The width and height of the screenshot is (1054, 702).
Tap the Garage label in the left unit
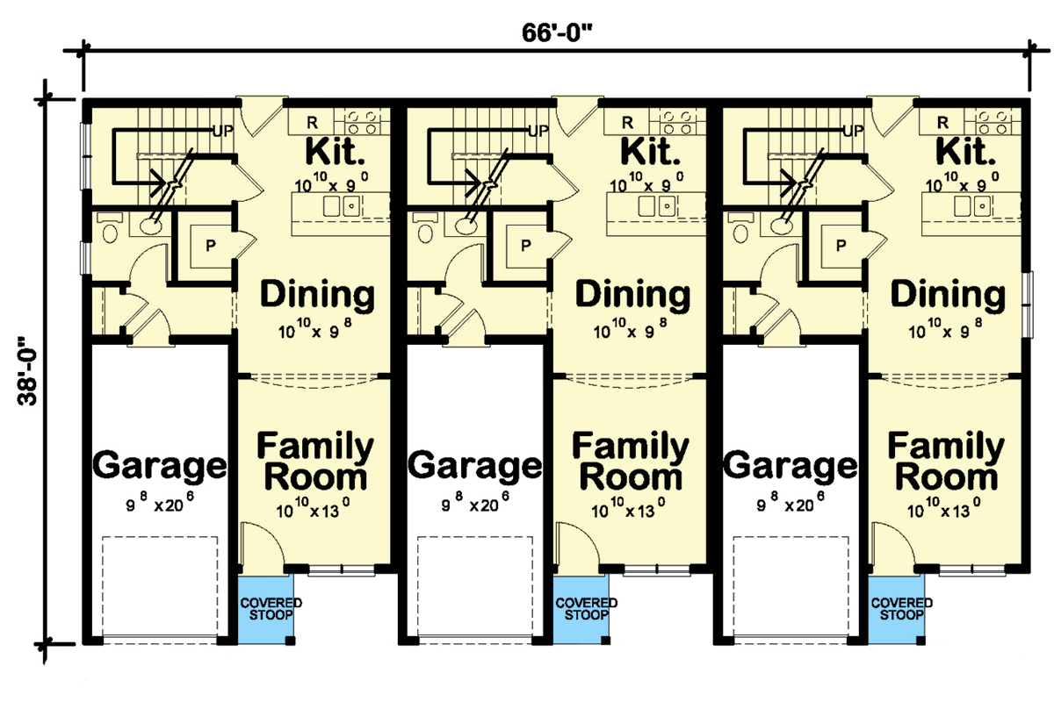point(160,465)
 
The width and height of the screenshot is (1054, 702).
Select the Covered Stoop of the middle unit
point(585,609)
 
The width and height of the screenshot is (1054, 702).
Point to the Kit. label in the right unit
point(968,152)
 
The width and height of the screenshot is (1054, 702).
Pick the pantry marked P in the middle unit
point(524,246)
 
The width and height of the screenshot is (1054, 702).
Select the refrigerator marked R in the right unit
point(942,122)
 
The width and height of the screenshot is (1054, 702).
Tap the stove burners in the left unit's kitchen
point(362,122)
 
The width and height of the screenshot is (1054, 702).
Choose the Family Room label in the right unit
point(945,462)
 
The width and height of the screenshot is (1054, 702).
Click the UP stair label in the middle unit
point(538,132)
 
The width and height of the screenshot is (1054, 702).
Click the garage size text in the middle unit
point(475,506)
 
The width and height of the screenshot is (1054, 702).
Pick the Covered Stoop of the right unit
point(901,609)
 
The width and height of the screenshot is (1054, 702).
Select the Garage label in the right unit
point(790,465)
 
